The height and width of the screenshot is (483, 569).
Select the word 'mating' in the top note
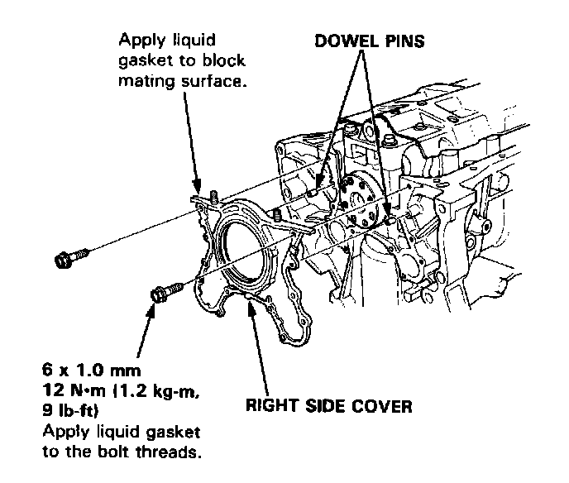(143, 81)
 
